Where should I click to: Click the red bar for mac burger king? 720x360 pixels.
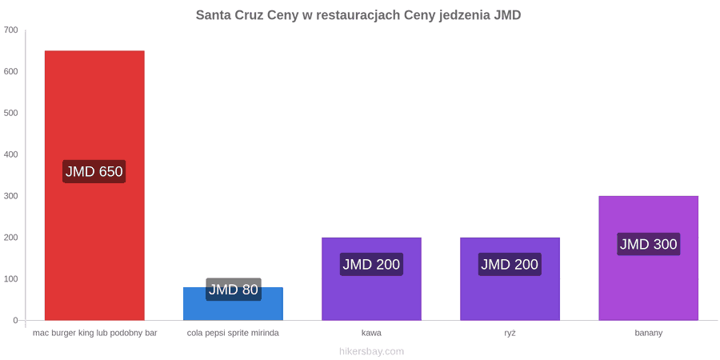coord(94,185)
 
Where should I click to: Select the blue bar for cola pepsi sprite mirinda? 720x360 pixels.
coord(234,303)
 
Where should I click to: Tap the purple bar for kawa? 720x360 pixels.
coord(371,278)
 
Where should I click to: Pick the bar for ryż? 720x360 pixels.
coord(510,278)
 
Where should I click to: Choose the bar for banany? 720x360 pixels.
coord(648,258)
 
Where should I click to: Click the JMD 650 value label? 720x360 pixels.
coord(94,172)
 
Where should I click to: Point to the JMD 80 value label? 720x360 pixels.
coord(234,290)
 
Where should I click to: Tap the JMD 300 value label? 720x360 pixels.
coord(648,244)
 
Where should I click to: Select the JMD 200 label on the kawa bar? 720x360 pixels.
coord(371,265)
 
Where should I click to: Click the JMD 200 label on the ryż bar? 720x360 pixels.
coord(510,265)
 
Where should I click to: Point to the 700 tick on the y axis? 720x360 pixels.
coord(10,30)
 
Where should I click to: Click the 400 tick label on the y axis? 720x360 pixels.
coord(10,154)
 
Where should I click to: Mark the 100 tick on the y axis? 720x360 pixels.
coord(10,279)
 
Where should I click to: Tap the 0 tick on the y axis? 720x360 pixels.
coord(15,321)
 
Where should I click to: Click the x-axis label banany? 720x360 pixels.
coord(648,334)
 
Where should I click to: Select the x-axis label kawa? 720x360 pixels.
coord(371,334)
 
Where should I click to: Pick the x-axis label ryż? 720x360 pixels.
coord(510,334)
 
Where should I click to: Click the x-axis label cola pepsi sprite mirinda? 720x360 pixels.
coord(233,334)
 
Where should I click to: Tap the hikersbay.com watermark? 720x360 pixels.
coord(371,352)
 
